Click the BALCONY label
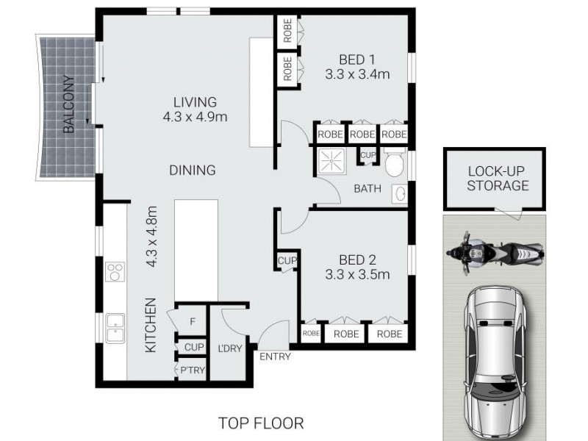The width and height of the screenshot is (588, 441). (69, 104)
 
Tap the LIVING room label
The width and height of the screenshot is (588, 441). (195, 102)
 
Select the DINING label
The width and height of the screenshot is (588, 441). (192, 171)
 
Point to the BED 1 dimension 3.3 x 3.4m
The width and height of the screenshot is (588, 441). (356, 73)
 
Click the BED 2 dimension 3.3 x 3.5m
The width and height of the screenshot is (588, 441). (357, 275)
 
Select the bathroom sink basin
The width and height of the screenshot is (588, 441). (401, 193)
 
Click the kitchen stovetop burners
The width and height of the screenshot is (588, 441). (116, 273)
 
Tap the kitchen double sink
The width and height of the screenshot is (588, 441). (116, 328)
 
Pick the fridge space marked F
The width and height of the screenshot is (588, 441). (193, 321)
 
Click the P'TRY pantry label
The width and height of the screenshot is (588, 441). (193, 371)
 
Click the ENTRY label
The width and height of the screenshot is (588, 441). (275, 357)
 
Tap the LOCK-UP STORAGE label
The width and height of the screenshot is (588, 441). (498, 179)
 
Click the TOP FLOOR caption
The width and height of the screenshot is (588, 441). (261, 423)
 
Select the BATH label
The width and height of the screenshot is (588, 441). (367, 189)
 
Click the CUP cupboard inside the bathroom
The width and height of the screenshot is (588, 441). (368, 155)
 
